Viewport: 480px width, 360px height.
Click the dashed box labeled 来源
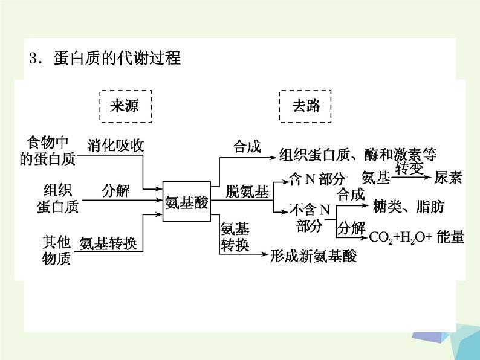coord(125,106)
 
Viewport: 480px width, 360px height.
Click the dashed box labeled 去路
coord(307,106)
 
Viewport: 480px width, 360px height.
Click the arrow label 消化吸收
coord(115,146)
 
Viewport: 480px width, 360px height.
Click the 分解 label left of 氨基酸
coord(115,191)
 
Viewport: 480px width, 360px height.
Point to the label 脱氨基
coord(247,193)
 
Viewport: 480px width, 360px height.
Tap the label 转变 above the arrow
coord(409,169)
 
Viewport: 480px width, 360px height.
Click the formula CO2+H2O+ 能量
coord(417,237)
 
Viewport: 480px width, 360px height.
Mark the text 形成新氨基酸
coord(314,256)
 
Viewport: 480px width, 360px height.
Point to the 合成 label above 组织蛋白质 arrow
coord(247,146)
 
